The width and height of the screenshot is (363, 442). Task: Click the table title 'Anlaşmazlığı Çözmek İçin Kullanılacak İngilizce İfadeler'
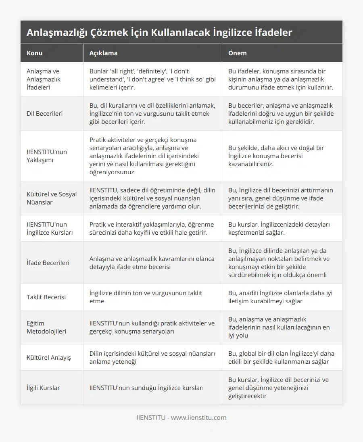[159, 33]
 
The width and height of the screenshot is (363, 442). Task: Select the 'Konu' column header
[35, 53]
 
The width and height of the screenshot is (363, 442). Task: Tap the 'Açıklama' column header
[103, 53]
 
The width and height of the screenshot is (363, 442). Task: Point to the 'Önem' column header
[238, 53]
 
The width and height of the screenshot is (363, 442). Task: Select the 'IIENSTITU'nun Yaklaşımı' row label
[47, 156]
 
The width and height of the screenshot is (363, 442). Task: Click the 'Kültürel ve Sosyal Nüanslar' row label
[52, 198]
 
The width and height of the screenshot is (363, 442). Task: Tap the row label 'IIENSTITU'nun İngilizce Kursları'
[50, 228]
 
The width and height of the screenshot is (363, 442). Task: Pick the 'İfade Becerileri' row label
[48, 263]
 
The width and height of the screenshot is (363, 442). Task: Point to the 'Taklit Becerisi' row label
[46, 297]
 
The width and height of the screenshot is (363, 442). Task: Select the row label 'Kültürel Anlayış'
[49, 357]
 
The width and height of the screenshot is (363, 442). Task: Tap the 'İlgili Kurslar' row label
[43, 388]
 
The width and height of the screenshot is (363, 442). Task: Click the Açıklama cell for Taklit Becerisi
[146, 297]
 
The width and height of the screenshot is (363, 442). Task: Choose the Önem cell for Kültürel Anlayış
[281, 357]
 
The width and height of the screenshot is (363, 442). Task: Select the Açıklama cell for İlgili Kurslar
[146, 388]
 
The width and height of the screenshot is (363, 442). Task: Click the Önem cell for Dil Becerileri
[281, 114]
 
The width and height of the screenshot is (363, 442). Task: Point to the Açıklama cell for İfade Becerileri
[152, 263]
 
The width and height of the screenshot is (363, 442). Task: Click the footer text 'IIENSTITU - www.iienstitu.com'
[181, 417]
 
